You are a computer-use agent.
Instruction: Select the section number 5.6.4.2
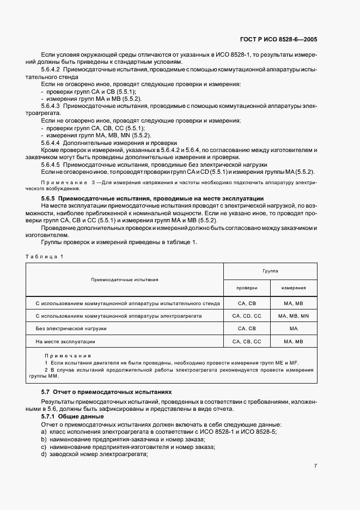51,70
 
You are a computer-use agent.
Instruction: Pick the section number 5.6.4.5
51,164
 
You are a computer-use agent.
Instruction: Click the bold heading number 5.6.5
48,198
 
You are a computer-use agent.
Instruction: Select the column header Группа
270,270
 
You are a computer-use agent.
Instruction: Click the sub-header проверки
247,288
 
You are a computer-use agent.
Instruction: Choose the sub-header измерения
293,288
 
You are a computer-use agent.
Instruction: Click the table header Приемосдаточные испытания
124,280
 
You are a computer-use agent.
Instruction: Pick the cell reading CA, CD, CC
247,316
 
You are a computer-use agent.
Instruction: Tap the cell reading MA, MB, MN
293,316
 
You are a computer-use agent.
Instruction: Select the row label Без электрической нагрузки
71,329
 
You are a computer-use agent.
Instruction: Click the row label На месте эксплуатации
65,342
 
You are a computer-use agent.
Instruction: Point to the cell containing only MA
293,329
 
